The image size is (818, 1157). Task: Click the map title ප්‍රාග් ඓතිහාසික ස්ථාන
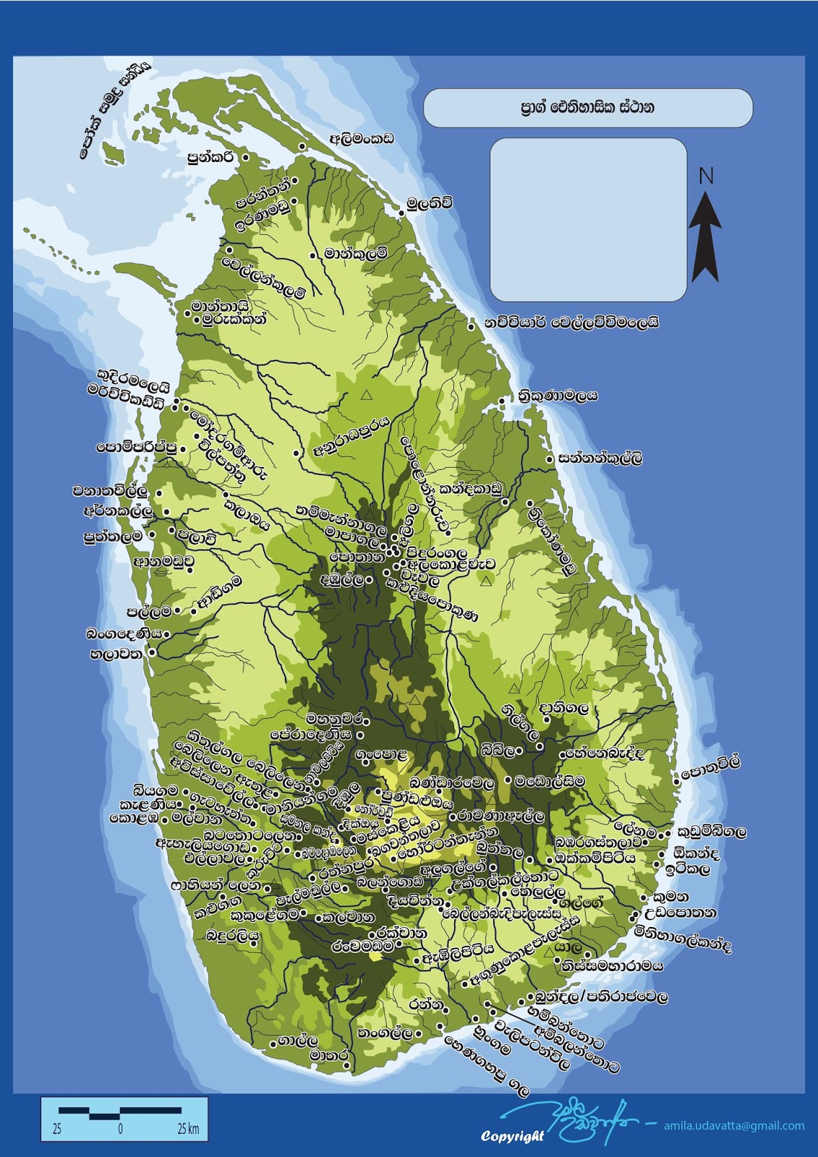(x=587, y=108)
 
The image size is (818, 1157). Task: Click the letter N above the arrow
(x=706, y=176)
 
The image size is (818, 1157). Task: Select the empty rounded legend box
(x=588, y=220)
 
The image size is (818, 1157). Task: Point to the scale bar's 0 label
(x=120, y=1129)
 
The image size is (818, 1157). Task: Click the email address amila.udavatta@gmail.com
(x=734, y=1125)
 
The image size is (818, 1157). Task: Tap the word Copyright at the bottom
(x=512, y=1136)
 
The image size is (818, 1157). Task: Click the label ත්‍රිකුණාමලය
(x=558, y=396)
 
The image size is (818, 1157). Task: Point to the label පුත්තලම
(x=113, y=537)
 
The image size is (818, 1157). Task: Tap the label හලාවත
(x=116, y=655)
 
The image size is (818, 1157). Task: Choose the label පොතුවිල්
(x=712, y=768)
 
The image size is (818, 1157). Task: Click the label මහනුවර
(x=336, y=720)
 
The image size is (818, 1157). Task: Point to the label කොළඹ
(x=134, y=819)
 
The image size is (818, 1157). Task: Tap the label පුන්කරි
(x=210, y=155)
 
